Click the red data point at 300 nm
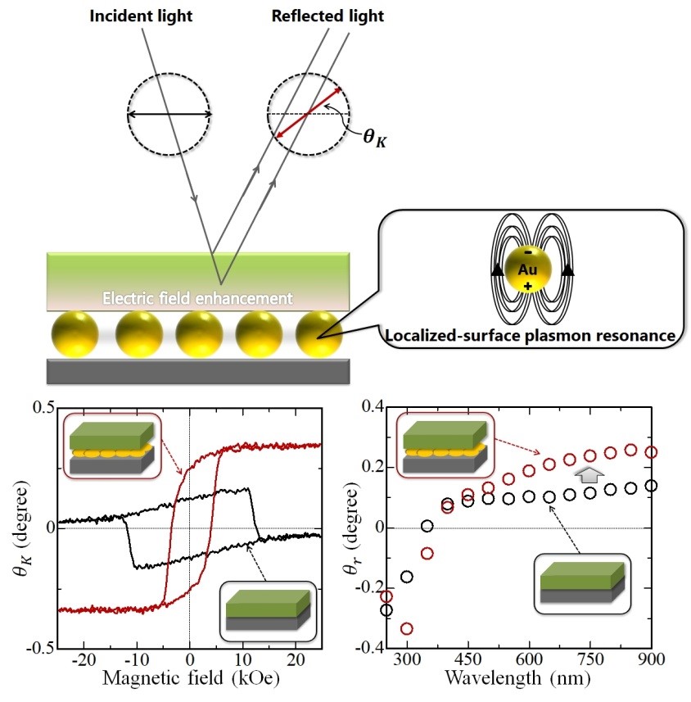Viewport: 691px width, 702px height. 406,629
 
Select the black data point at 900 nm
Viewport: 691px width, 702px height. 652,485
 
